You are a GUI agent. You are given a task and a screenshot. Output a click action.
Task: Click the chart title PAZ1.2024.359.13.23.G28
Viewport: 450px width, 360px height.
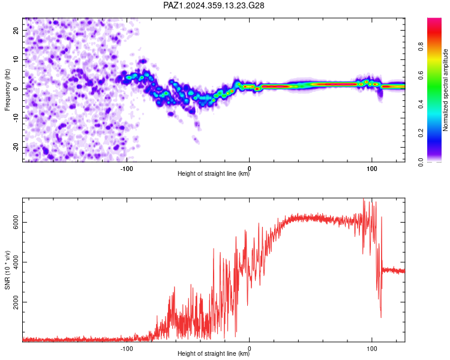[214, 5]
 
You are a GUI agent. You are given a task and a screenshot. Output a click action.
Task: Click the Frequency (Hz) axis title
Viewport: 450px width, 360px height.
[7, 90]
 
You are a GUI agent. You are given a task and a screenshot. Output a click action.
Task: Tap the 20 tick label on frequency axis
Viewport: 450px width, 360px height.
[16, 31]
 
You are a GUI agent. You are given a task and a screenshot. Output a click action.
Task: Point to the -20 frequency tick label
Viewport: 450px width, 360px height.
[16, 147]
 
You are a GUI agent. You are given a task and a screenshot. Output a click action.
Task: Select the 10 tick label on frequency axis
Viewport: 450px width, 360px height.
[16, 59]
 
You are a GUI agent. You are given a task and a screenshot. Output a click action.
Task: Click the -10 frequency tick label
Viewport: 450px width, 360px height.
[16, 118]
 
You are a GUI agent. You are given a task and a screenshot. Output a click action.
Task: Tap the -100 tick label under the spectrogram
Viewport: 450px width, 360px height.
[127, 169]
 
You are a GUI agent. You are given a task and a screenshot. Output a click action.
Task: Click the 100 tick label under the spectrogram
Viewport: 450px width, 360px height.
[371, 169]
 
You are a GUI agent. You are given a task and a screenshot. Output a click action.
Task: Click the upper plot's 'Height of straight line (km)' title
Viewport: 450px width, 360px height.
[214, 173]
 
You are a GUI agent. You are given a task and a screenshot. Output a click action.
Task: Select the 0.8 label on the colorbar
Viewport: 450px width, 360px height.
[421, 46]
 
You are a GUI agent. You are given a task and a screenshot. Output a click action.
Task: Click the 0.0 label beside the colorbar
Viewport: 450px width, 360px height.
[421, 162]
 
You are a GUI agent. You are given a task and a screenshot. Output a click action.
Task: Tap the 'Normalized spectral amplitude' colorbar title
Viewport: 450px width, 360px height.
[445, 90]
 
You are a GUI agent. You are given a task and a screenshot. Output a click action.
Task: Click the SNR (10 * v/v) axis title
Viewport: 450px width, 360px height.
[7, 270]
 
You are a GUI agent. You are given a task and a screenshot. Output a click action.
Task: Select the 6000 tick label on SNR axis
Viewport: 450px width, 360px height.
[16, 222]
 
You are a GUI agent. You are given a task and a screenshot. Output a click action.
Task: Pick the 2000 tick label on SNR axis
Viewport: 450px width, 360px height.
[16, 302]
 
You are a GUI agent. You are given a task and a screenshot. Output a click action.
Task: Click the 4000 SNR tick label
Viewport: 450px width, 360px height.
[16, 262]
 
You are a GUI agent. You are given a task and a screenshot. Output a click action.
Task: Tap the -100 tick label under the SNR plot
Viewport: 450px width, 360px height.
[127, 349]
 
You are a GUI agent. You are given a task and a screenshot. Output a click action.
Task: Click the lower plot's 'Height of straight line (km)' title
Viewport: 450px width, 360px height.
[214, 353]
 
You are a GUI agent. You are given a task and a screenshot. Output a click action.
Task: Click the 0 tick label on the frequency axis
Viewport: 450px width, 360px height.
[16, 89]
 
